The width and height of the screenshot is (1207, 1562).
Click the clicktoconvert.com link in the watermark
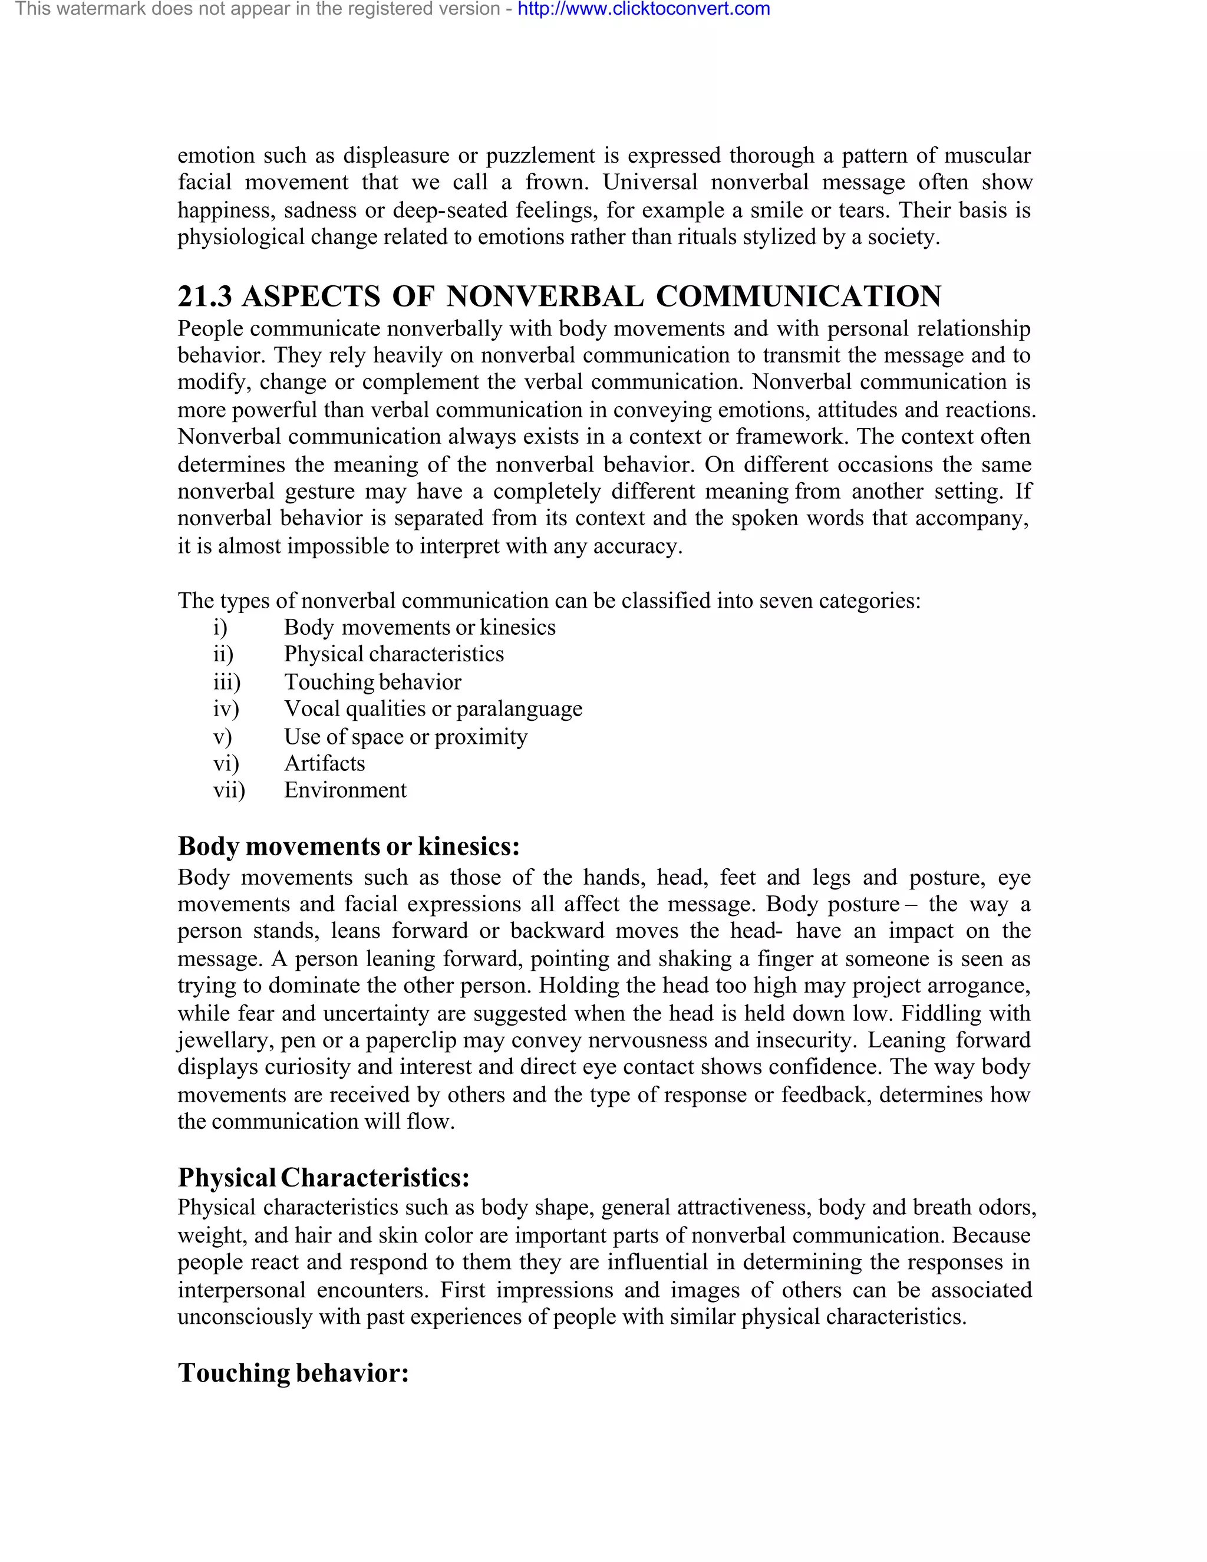tap(644, 9)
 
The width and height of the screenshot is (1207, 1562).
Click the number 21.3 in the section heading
tap(205, 296)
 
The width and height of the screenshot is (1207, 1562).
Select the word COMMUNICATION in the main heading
tap(798, 296)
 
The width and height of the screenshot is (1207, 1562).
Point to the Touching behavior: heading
tap(293, 1372)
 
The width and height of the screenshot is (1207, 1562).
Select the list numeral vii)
tap(229, 790)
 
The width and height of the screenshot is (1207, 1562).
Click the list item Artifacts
tap(324, 763)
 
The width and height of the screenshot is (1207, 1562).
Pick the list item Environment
tap(345, 790)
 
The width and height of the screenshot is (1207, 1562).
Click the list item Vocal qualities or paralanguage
tap(433, 708)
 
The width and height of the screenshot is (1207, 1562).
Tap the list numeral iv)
tap(226, 708)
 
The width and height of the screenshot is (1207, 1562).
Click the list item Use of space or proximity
tap(405, 737)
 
